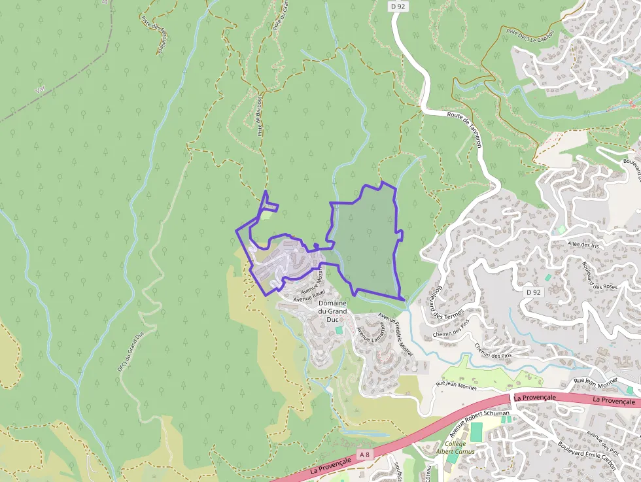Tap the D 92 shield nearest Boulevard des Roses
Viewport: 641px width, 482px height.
533,292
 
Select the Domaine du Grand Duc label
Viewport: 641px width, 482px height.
332,311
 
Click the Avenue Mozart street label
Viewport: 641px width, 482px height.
313,284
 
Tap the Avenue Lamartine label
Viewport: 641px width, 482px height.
370,332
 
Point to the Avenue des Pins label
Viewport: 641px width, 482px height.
602,442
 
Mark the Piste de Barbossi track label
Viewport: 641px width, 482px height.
260,115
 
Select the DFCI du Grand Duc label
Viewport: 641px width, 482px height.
130,353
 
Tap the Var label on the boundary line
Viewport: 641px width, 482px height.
43,90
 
